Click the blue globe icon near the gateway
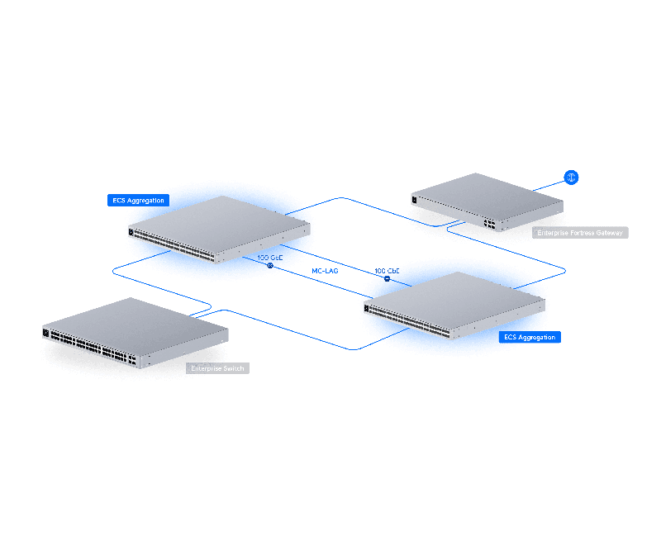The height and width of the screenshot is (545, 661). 570,177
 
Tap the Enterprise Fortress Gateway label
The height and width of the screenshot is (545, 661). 581,233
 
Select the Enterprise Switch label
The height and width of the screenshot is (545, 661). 217,368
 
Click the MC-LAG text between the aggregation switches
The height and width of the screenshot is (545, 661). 325,271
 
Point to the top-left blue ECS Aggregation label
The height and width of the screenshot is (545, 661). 138,200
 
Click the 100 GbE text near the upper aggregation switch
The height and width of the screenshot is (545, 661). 270,258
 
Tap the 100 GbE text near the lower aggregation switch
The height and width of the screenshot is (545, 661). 387,271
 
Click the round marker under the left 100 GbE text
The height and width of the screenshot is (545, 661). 269,267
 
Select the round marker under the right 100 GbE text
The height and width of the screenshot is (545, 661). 387,279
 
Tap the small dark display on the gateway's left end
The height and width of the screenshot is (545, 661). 415,197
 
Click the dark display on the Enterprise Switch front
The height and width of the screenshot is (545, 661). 46,333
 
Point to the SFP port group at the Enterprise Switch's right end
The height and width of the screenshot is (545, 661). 130,358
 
